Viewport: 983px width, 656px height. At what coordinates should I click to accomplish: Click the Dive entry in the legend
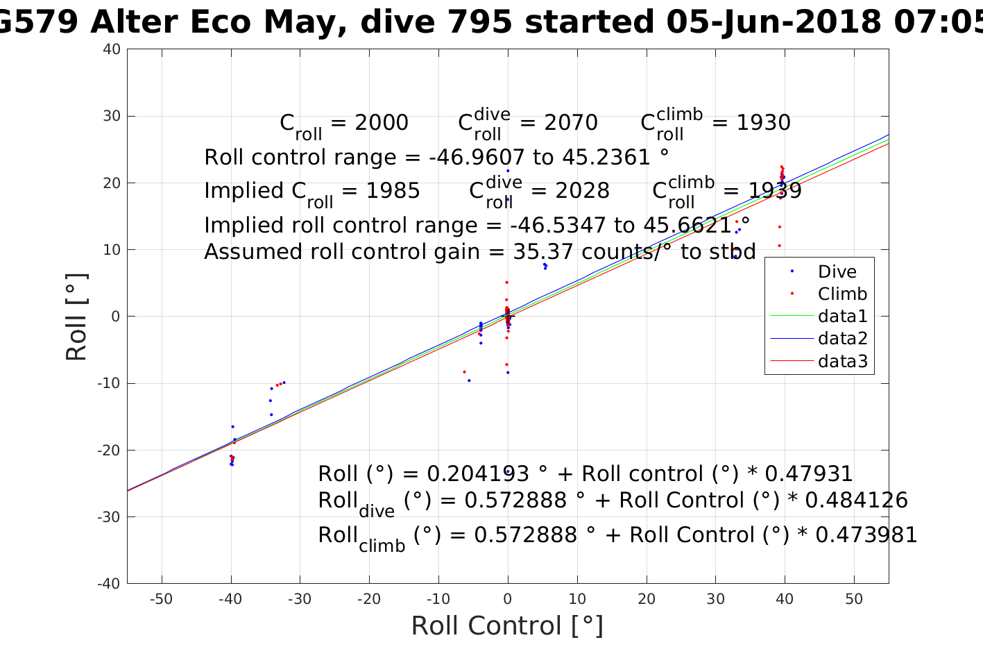pyautogui.click(x=837, y=272)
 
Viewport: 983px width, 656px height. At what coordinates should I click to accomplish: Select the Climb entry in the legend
pyautogui.click(x=842, y=294)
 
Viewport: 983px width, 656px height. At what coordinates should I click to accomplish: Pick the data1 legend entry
pyautogui.click(x=842, y=317)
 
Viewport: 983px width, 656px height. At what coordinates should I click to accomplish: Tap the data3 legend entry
pyautogui.click(x=842, y=361)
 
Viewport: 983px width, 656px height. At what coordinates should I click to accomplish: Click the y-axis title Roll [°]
pyautogui.click(x=76, y=317)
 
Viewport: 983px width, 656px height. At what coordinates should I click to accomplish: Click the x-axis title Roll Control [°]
pyautogui.click(x=507, y=625)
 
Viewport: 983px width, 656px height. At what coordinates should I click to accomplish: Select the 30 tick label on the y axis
pyautogui.click(x=112, y=116)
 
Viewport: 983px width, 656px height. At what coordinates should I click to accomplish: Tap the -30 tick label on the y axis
pyautogui.click(x=108, y=516)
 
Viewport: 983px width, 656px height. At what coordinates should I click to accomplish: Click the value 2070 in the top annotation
pyautogui.click(x=571, y=123)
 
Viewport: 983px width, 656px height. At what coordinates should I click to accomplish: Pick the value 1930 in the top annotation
pyautogui.click(x=763, y=123)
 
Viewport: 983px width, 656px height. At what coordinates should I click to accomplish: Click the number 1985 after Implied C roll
pyautogui.click(x=393, y=191)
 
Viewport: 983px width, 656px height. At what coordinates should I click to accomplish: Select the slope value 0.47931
pyautogui.click(x=809, y=474)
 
